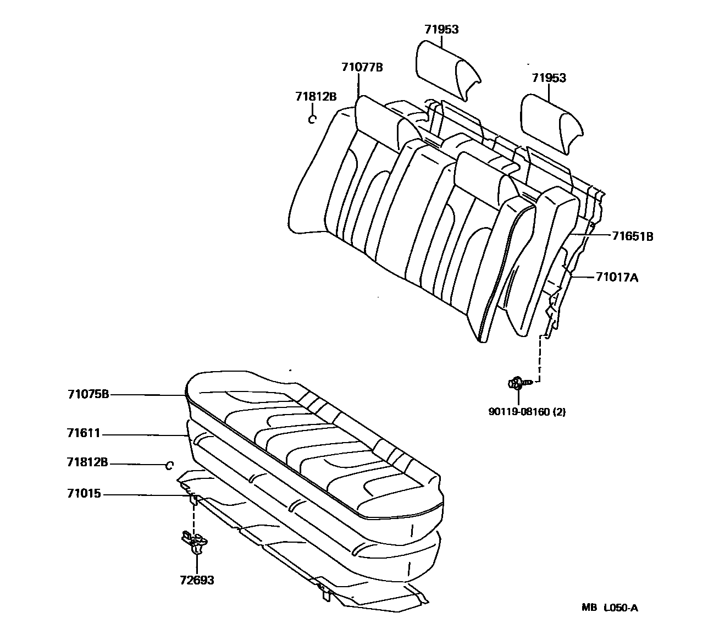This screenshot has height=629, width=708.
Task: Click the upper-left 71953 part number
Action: [x=441, y=30]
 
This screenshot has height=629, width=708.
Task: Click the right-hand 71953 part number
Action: [x=549, y=78]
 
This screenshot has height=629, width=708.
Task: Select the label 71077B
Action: [x=362, y=67]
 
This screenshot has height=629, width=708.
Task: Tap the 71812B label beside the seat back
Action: [x=316, y=96]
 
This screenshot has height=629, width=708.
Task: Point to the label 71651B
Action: [x=633, y=237]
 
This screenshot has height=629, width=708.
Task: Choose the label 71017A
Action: [x=617, y=278]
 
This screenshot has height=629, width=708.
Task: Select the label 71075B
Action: [x=88, y=394]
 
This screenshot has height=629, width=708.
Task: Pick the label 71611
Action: [x=84, y=434]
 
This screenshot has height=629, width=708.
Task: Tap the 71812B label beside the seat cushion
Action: [x=88, y=462]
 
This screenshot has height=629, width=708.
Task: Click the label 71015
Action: [x=84, y=494]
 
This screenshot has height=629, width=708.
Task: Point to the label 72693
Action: [x=197, y=580]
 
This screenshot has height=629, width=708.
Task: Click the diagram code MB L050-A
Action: [x=610, y=608]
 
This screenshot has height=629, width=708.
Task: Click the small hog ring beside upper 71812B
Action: [x=312, y=119]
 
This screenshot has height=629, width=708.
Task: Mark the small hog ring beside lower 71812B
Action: [x=170, y=466]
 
